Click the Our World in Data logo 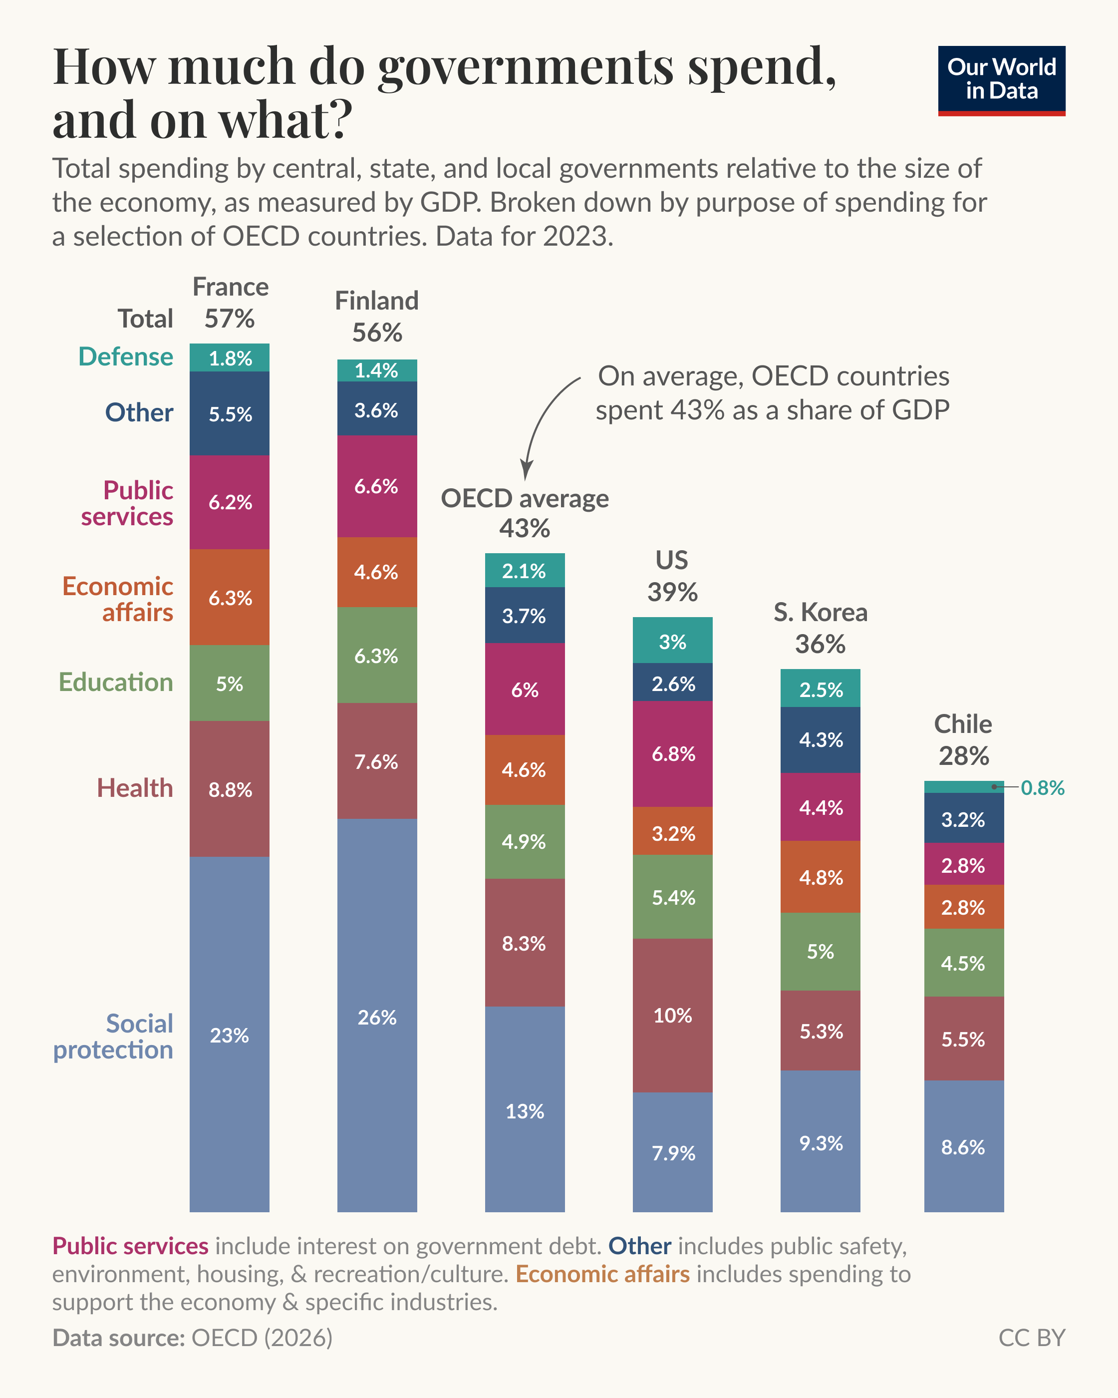click(x=1001, y=80)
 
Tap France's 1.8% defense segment click(x=230, y=358)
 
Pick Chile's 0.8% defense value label click(x=1042, y=787)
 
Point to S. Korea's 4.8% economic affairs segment click(x=820, y=877)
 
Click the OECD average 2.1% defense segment click(x=525, y=571)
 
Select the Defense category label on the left click(x=126, y=356)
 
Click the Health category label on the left click(x=135, y=788)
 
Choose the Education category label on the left click(x=116, y=682)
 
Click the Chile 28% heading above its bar click(x=963, y=740)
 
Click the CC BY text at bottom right click(x=1031, y=1337)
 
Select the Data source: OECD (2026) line click(x=193, y=1337)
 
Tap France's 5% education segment click(x=230, y=684)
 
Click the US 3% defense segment click(x=672, y=641)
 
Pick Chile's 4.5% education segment click(x=963, y=963)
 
